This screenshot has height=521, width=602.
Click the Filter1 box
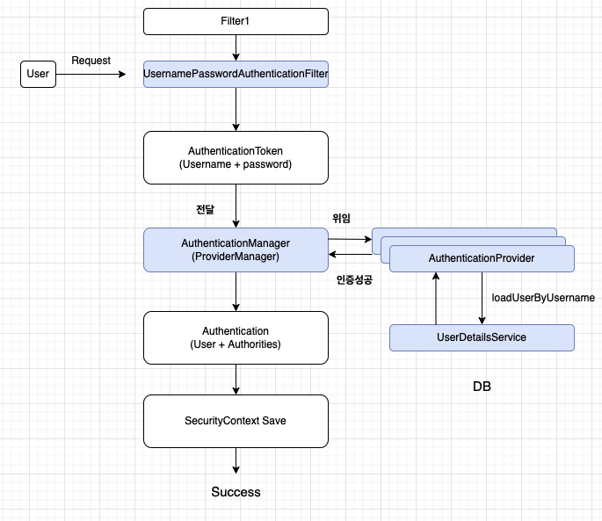point(236,21)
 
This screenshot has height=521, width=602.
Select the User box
point(38,75)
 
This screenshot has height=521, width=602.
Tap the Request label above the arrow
point(91,61)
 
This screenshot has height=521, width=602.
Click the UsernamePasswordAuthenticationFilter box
point(236,75)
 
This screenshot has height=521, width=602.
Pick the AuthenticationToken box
point(236,158)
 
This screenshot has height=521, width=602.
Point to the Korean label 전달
point(205,210)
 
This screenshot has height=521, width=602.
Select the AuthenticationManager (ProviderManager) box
point(236,250)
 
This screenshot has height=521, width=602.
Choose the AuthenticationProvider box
point(482,258)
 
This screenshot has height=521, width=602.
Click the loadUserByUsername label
point(543,298)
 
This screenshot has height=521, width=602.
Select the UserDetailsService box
point(482,337)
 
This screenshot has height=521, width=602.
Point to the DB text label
point(482,386)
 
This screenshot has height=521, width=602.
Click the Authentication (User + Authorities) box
point(236,337)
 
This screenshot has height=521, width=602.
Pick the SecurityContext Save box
point(236,421)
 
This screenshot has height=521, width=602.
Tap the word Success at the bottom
point(236,492)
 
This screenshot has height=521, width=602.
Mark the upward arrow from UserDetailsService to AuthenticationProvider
point(437,298)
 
